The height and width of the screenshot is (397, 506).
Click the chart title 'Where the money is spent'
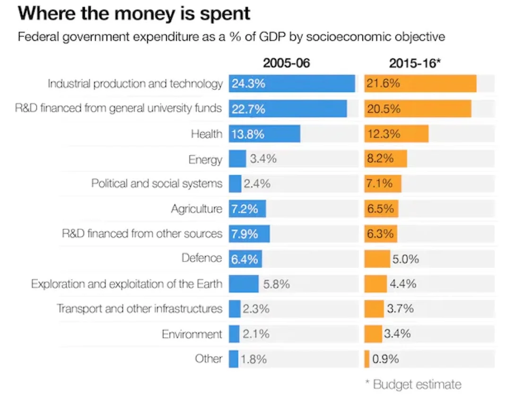134,14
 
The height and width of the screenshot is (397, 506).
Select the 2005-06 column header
287,63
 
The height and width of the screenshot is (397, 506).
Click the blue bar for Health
264,134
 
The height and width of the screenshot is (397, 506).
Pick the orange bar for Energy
385,159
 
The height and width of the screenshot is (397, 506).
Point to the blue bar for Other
234,359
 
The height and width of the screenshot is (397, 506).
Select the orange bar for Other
367,359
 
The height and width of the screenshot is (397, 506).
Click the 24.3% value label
248,84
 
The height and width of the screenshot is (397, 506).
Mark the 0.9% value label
386,359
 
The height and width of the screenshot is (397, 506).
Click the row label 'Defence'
201,258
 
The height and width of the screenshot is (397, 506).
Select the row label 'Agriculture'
196,209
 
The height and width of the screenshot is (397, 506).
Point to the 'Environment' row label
192,334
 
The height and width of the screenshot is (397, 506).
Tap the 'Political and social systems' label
157,184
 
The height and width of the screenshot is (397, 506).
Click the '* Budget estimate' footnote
413,384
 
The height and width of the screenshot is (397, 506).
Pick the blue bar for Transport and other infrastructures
235,309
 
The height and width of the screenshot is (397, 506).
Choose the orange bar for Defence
377,259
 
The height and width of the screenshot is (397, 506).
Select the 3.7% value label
400,309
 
